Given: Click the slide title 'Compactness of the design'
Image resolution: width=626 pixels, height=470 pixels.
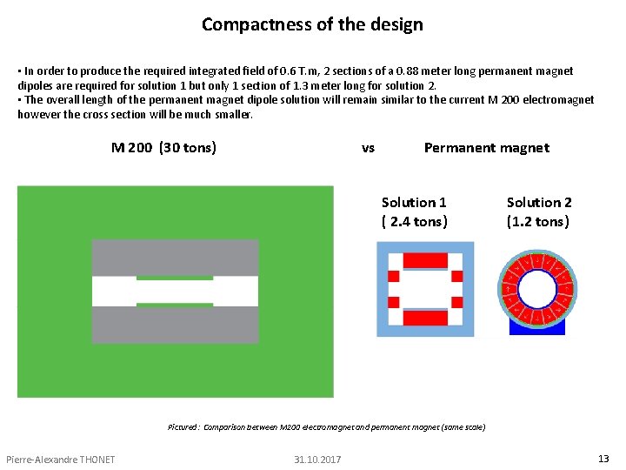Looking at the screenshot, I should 312,24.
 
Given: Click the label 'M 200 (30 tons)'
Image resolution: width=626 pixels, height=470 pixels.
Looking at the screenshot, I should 163,148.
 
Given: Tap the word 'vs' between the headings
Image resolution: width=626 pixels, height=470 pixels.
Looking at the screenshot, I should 368,148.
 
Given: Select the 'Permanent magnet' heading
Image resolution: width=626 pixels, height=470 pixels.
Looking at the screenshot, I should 486,148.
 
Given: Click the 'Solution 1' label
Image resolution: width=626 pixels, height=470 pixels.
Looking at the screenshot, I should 414,203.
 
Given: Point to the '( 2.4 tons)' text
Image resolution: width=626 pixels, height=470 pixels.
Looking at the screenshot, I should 415,222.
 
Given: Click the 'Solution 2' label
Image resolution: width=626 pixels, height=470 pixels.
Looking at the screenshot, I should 539,203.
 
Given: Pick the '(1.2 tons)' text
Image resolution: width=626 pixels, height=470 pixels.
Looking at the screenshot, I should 538,222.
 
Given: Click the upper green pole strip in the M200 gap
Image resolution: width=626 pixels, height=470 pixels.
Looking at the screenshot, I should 175,278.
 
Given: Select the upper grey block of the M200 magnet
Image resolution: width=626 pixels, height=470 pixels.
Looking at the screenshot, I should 175,257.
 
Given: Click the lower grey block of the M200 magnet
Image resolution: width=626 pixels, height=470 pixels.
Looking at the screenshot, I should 175,325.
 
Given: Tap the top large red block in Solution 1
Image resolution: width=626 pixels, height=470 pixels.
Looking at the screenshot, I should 425,260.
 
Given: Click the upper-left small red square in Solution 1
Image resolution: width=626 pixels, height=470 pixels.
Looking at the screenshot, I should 393,276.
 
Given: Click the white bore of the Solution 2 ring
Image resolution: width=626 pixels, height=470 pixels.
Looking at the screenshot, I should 536,288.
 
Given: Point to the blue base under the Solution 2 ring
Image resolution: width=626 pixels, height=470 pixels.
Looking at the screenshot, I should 536,329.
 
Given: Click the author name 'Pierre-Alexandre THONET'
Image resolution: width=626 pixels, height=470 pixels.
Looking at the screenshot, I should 60,460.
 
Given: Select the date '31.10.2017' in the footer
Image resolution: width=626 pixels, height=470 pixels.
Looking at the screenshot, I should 317,460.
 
